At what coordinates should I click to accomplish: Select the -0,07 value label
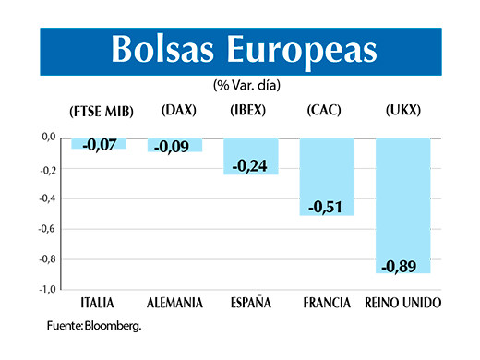[100, 144]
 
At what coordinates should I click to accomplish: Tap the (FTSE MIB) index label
[102, 112]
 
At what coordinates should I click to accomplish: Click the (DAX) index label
[176, 111]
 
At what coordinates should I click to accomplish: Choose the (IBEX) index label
[249, 111]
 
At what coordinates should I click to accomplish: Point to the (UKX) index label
[402, 111]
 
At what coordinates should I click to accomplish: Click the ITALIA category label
[100, 303]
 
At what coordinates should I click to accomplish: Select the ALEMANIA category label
[175, 303]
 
